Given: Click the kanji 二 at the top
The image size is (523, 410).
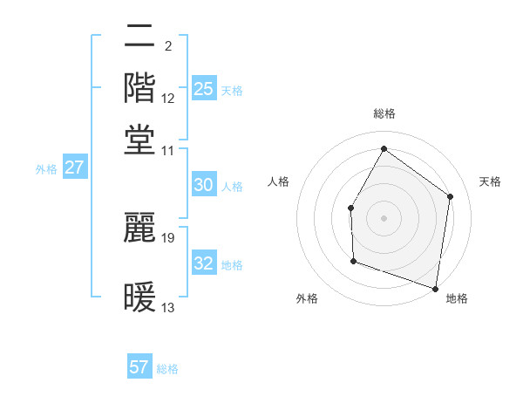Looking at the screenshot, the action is [x=139, y=37].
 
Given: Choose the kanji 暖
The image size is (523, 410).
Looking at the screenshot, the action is [x=139, y=297].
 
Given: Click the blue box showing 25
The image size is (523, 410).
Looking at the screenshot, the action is [x=203, y=88].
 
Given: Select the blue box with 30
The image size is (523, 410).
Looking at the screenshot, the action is [x=203, y=185].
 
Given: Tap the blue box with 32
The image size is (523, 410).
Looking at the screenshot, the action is [x=203, y=263].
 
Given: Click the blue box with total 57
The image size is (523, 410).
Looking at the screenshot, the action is [x=139, y=367].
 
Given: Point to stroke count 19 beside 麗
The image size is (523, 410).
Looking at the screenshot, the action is [x=169, y=237].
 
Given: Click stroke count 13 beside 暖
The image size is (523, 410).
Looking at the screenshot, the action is [x=168, y=308].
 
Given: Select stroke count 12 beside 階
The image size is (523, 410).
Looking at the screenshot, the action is [x=168, y=98].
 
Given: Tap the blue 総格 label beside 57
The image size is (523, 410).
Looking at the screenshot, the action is [x=167, y=369].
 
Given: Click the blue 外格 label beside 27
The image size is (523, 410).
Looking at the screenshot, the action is [x=46, y=169].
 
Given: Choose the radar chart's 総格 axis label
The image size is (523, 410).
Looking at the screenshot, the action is [x=384, y=114].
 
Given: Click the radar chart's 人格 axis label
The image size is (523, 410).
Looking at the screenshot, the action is [x=279, y=181].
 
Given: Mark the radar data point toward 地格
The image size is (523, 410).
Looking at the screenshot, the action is [x=436, y=288].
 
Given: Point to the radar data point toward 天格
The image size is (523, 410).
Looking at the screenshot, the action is [x=451, y=196].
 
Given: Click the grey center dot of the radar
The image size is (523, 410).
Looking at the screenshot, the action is [x=384, y=217].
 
